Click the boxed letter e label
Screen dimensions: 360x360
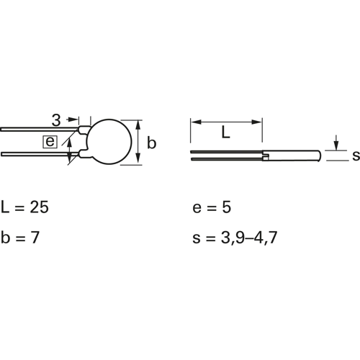(50, 142)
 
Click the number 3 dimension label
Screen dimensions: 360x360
(56, 120)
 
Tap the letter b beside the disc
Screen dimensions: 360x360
(151, 143)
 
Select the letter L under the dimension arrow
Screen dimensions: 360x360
(225, 132)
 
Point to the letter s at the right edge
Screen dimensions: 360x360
(356, 156)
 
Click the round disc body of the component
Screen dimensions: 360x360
(109, 142)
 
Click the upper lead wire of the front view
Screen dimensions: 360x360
(39, 130)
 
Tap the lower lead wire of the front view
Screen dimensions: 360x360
(40, 154)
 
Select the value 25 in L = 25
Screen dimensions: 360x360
(39, 207)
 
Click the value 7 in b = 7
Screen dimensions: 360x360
(35, 238)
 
